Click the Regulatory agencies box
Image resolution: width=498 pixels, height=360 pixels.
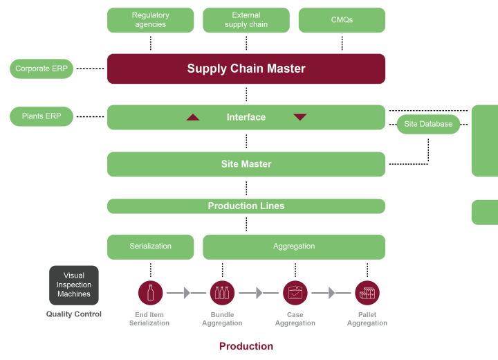click(150, 20)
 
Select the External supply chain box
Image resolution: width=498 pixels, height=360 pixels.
click(246, 20)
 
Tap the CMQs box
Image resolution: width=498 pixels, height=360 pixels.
click(342, 20)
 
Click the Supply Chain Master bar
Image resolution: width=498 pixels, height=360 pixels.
click(246, 69)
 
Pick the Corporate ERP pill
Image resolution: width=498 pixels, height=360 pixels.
click(41, 69)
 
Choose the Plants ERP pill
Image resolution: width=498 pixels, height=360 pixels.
click(41, 116)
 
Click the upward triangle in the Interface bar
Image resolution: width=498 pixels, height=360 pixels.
click(193, 117)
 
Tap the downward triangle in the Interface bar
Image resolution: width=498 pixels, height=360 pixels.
click(299, 117)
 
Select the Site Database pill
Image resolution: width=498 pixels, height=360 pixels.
click(428, 124)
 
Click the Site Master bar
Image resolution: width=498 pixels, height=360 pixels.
click(246, 164)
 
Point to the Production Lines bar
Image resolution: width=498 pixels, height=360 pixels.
click(246, 206)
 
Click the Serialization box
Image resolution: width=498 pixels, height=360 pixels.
click(150, 246)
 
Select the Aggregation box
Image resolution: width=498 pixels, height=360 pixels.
click(294, 246)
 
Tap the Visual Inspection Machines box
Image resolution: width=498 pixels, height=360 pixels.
click(74, 285)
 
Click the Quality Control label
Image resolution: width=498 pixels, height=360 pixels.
click(74, 314)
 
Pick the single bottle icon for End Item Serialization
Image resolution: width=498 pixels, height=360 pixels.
click(150, 292)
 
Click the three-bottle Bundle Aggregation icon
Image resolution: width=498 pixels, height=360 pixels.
click(222, 292)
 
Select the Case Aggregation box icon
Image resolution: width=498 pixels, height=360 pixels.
click(295, 292)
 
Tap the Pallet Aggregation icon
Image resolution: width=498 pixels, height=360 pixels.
click(367, 292)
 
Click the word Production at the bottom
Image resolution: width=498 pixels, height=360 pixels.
click(246, 346)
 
